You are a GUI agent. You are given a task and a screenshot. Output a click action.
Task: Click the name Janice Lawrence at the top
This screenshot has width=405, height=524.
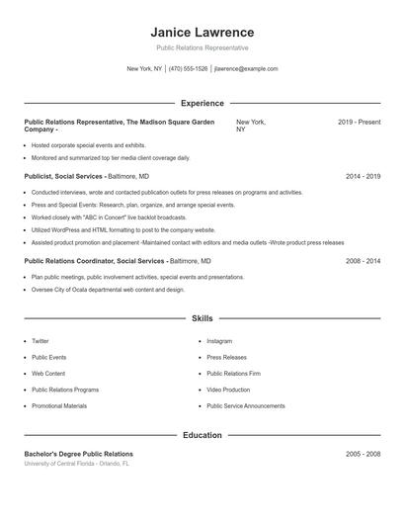click(202, 32)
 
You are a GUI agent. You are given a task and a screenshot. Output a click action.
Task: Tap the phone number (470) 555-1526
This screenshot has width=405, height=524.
click(188, 69)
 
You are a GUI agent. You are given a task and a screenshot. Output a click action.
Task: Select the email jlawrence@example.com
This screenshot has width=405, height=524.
click(246, 69)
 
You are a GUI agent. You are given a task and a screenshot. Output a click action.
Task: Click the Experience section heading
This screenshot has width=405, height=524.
click(202, 103)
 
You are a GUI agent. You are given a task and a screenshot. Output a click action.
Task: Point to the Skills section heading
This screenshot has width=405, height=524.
click(202, 318)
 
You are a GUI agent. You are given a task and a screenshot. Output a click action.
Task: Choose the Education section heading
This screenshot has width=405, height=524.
click(202, 434)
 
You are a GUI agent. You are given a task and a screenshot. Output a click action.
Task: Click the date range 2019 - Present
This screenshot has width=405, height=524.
click(359, 122)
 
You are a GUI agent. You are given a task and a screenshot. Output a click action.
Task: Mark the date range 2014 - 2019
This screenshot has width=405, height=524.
click(363, 176)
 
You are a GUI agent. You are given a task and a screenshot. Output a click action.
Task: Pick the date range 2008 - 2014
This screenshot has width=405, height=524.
click(363, 261)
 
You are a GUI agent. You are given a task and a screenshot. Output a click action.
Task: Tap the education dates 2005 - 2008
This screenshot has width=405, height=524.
click(363, 454)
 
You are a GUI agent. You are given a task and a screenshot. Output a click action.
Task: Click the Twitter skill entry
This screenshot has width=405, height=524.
click(40, 341)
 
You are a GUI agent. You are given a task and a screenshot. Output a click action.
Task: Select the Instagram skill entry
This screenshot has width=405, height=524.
click(219, 341)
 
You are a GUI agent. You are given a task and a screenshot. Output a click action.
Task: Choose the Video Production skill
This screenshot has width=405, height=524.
click(228, 390)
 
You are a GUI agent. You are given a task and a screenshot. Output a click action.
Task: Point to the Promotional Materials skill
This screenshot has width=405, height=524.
click(59, 406)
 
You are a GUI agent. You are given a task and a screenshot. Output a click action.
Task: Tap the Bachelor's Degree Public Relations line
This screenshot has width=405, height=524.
click(78, 454)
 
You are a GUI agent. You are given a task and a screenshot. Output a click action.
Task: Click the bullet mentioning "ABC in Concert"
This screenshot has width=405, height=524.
click(109, 218)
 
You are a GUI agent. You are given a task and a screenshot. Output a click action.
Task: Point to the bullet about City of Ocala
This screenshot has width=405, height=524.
click(108, 290)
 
